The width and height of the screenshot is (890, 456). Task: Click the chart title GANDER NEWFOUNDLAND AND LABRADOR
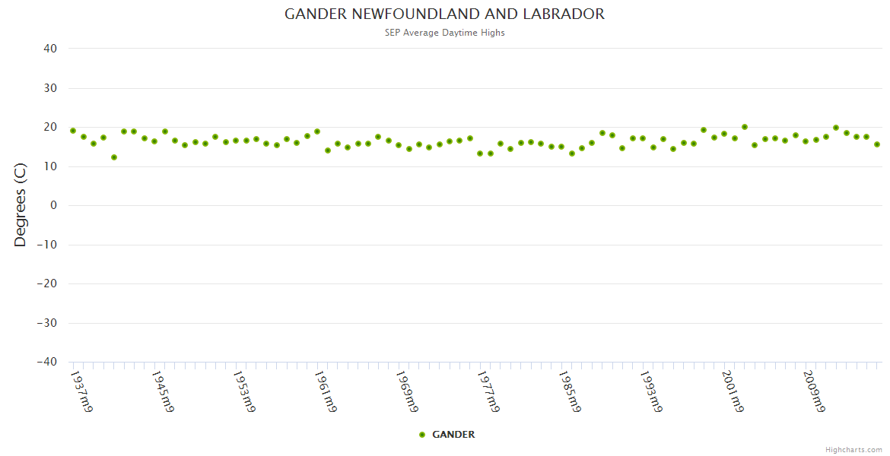(444, 14)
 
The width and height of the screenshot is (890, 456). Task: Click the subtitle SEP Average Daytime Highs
(444, 33)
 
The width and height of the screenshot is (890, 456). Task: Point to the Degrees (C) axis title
(21, 205)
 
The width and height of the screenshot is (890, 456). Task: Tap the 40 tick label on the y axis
(50, 49)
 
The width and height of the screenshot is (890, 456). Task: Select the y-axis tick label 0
(54, 205)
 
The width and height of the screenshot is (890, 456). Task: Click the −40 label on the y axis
(46, 362)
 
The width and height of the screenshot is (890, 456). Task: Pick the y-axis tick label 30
(50, 88)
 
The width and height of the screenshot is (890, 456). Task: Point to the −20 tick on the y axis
(46, 283)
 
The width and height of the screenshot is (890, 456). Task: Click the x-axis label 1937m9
(81, 391)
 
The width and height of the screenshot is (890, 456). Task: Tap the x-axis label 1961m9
(325, 391)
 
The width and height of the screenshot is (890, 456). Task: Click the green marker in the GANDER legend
(422, 435)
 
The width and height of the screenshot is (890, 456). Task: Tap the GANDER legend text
(453, 435)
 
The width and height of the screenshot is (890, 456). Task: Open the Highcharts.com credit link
(853, 449)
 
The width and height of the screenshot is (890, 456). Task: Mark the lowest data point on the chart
(114, 157)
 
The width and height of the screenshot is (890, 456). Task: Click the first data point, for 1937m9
(73, 131)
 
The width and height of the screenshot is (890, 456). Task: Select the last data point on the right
(877, 144)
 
